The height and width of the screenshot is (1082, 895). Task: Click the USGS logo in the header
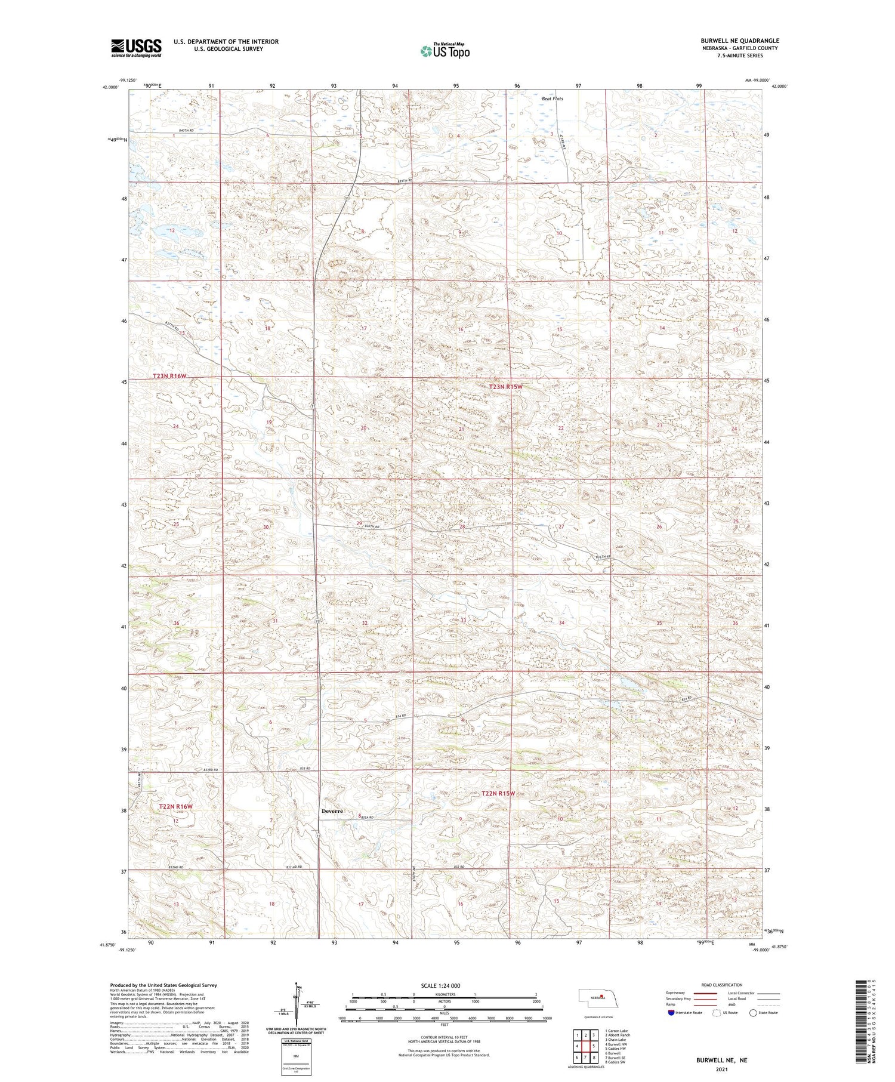point(136,48)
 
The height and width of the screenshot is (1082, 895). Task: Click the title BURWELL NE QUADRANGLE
point(740,41)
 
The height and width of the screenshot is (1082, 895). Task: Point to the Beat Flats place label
point(552,99)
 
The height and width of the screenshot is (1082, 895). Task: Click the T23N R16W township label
point(170,376)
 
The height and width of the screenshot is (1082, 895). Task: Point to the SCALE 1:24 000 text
point(444,986)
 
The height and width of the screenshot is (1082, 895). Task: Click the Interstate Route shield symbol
point(671,1013)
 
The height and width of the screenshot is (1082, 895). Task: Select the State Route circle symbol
point(753,1013)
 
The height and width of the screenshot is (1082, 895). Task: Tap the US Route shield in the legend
point(717,1013)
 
